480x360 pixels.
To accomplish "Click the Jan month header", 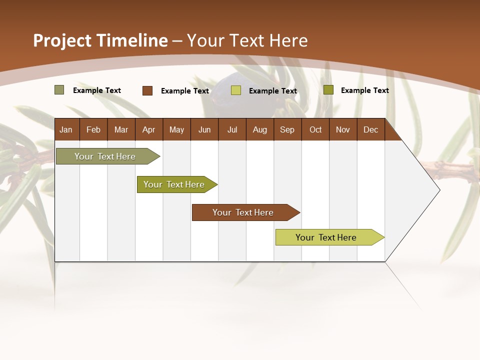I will (66, 129).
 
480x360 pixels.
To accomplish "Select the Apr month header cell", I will (148, 129).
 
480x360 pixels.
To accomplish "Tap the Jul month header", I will (232, 129).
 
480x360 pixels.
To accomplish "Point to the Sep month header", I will (287, 129).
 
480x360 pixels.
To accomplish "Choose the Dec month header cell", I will (370, 129).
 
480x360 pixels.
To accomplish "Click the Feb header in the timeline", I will (93, 129).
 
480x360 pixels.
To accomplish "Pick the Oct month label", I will (315, 129).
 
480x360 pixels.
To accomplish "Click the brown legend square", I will (147, 90).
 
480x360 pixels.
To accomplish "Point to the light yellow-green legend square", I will (236, 90).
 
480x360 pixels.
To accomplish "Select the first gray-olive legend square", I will (59, 90).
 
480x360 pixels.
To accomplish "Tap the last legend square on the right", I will (328, 90).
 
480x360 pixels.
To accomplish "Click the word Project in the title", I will (62, 40).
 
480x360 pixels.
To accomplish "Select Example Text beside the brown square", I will (185, 91).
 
